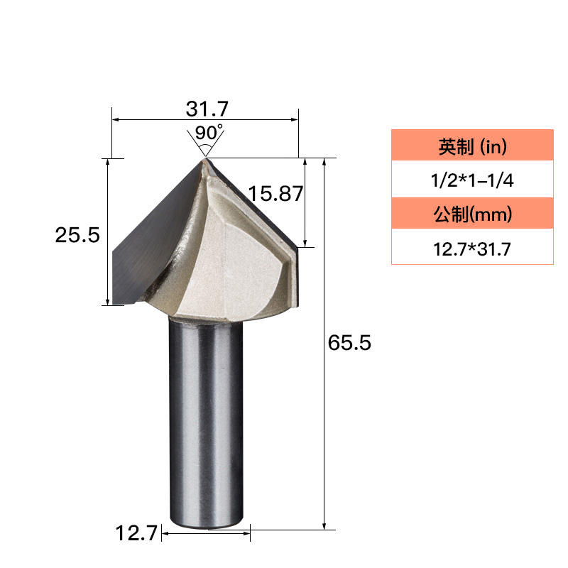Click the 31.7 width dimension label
[207, 109]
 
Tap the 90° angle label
[209, 133]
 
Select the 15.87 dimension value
[275, 193]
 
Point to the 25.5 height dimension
[77, 235]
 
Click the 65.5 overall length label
[349, 343]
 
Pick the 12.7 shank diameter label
[136, 533]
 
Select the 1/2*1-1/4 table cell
[472, 180]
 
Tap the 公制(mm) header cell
[472, 214]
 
